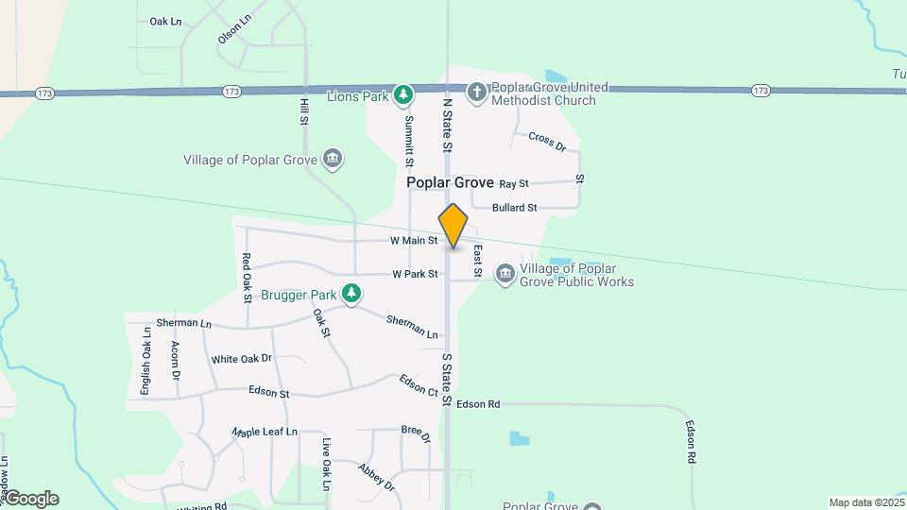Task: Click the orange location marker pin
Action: coord(453,225)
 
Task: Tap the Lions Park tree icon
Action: coord(404,94)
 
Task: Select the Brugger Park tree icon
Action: coord(351,294)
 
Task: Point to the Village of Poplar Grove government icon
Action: coord(332,158)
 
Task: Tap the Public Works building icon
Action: coord(505,274)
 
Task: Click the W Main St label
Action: coord(414,241)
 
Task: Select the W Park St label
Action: coord(415,274)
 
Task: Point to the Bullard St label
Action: coord(515,208)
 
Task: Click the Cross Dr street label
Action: coord(546,142)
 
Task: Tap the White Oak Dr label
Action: coord(241,359)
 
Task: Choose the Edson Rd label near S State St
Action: coord(477,404)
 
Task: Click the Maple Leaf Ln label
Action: coord(265,432)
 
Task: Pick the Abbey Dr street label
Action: coord(376,476)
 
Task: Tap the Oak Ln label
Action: coord(165,21)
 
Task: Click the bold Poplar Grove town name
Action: coord(450,182)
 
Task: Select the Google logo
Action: coord(30,498)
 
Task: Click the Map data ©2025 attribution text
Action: coord(864,502)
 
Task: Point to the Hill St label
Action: coord(304,110)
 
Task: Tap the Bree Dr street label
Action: coord(416,433)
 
